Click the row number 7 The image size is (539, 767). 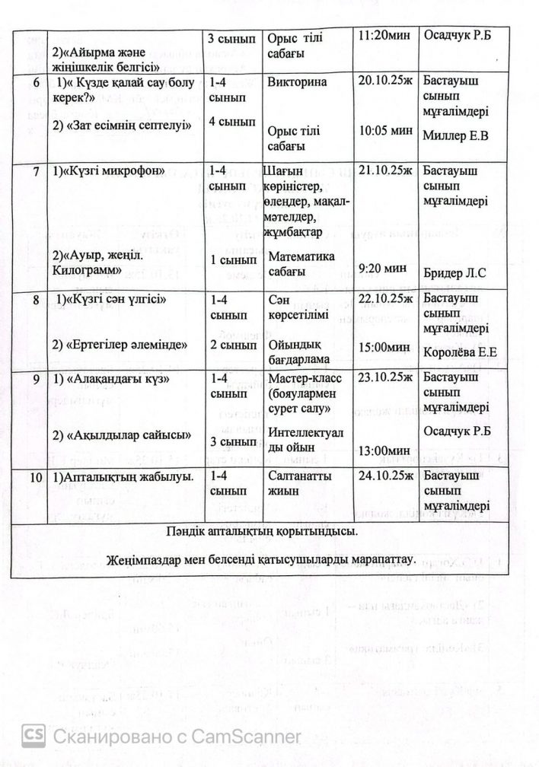(36, 170)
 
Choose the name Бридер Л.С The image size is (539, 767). (454, 271)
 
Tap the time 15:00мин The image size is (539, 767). (386, 347)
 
